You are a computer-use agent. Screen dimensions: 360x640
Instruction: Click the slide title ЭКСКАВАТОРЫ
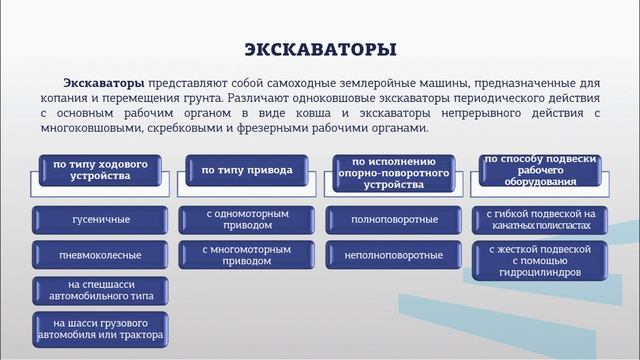pos(320,49)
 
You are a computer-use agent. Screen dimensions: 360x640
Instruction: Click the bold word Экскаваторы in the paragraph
pos(105,83)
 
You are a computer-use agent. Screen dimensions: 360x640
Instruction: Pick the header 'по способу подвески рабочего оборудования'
pos(540,170)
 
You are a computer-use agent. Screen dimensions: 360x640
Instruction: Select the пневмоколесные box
pos(98,255)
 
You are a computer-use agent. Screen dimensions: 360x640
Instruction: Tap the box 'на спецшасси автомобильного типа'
pos(98,291)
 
